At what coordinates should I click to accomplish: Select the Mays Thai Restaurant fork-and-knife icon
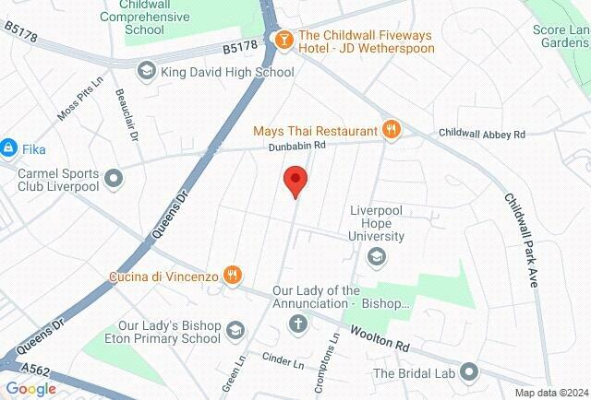tap(392, 130)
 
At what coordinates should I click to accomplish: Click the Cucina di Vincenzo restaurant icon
tap(234, 274)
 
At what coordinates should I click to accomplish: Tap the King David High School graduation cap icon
tap(146, 71)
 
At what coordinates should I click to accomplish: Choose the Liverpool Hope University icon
tap(377, 257)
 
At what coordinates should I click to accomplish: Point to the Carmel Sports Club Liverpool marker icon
tap(114, 178)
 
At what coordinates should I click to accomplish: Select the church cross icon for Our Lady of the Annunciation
tap(297, 324)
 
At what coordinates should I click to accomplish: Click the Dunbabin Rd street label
tap(297, 146)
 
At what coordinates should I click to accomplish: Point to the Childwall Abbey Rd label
tap(481, 135)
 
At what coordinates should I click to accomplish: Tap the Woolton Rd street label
tap(377, 338)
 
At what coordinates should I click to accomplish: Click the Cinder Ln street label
tap(283, 360)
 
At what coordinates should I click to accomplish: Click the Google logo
tap(30, 389)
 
